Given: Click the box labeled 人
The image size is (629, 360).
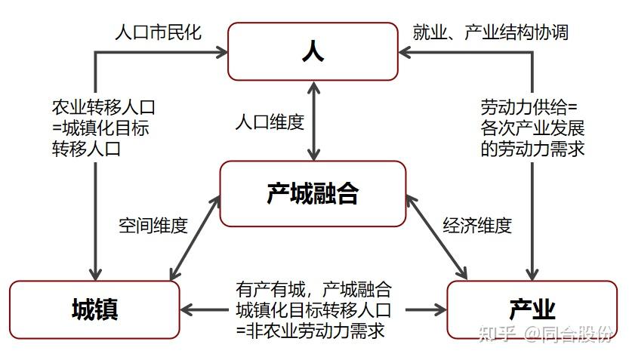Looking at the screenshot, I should tap(313, 51).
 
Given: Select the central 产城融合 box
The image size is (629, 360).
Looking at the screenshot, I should tap(313, 193).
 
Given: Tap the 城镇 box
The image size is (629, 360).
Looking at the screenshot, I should tap(94, 309).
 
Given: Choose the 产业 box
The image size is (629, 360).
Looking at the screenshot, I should tap(532, 309).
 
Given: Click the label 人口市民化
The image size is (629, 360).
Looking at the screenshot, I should tap(158, 33).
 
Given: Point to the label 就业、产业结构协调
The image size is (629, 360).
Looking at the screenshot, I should tap(490, 32).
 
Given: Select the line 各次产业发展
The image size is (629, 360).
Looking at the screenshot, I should tap(532, 128).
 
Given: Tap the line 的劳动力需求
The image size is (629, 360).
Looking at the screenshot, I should tap(532, 149).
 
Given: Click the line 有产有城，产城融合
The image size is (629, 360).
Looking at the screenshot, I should tap(313, 289).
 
